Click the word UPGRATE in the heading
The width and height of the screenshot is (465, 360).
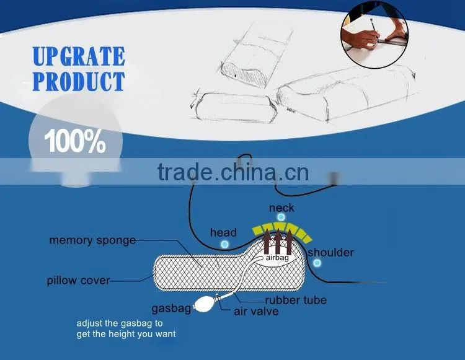pos(79,56)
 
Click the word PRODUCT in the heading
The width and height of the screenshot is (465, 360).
pos(79,81)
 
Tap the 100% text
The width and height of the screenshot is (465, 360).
pos(75,141)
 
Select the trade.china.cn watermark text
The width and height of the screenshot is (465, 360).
pos(233,172)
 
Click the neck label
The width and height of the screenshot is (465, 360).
pos(281,208)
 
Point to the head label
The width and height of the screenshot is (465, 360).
pos(223,232)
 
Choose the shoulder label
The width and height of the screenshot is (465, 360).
pos(330,252)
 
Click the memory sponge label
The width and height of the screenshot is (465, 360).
pos(92,240)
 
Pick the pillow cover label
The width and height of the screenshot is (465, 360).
pos(78,280)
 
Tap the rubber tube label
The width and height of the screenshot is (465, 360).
pos(296,300)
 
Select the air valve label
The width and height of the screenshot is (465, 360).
pos(256,312)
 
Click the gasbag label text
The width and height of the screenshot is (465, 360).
pos(171,309)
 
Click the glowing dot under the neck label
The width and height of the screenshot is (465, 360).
pos(281,217)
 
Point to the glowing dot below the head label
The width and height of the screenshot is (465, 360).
pos(225,245)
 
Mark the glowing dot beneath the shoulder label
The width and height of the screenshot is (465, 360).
pos(317,263)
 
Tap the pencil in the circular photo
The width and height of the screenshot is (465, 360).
pos(374,29)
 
